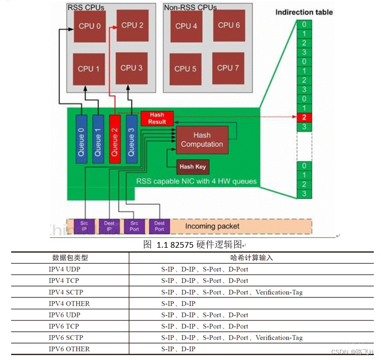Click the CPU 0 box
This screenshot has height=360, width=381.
coord(90,27)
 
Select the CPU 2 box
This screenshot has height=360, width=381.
coord(132,25)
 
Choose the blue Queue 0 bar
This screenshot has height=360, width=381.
coord(82,138)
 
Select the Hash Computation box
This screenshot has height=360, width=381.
coord(202,140)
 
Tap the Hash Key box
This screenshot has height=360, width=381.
coord(193,167)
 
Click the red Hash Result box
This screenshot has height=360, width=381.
coord(157,118)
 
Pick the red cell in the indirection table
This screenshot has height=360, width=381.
coord(305,117)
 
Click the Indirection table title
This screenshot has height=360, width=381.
coord(304,12)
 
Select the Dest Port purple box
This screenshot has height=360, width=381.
coord(159,226)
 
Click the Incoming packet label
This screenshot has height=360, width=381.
coord(212,226)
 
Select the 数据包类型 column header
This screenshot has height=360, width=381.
coord(70,258)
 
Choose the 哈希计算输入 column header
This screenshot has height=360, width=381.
coord(252,258)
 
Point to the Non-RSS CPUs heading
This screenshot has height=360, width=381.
coord(190,8)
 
